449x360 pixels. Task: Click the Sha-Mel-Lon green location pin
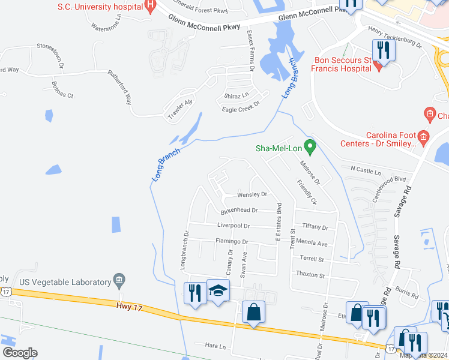(x=310, y=146)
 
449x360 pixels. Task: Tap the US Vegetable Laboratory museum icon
(x=119, y=281)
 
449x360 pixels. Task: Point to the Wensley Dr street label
(x=252, y=194)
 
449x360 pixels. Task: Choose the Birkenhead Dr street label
(x=239, y=211)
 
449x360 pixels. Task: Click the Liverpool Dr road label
(x=234, y=226)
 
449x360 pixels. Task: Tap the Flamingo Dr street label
(x=232, y=241)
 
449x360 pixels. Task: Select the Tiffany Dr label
(x=315, y=227)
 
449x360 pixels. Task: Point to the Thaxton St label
(x=310, y=275)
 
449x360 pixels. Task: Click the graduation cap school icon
(x=217, y=290)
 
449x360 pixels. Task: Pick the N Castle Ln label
(x=366, y=172)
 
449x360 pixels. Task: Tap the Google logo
(x=19, y=352)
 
